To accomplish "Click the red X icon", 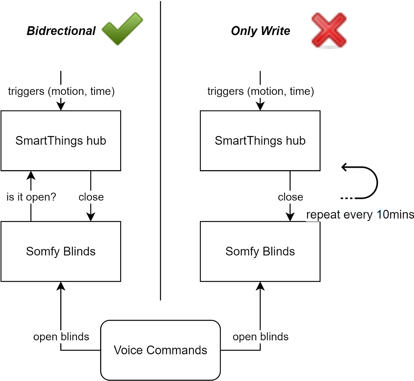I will tap(329, 30).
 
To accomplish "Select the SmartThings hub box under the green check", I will tap(61, 141).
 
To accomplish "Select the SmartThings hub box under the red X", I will tap(260, 141).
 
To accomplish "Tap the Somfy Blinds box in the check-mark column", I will tap(61, 251).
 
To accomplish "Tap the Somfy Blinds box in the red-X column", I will tap(260, 251).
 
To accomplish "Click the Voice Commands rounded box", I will tap(160, 350).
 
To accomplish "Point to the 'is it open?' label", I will tap(32, 197).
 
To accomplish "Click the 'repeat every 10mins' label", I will tap(360, 214).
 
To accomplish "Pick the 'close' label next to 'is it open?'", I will tap(91, 197).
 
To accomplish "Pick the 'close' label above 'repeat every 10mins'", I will tap(291, 197).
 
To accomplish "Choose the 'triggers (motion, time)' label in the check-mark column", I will tap(61, 91).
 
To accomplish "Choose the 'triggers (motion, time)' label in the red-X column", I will tap(261, 91).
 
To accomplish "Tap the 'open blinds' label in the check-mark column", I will tap(61, 337).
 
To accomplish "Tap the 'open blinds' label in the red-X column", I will tap(261, 337).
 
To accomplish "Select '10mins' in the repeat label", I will tap(395, 214).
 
